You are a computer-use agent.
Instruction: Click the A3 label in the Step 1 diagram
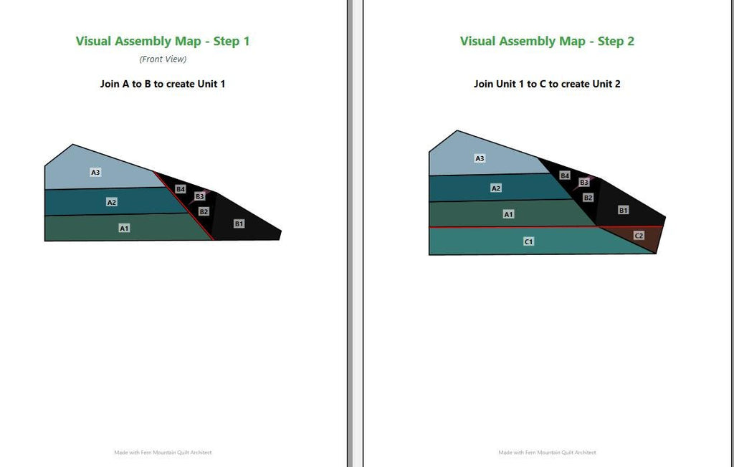pyautogui.click(x=95, y=173)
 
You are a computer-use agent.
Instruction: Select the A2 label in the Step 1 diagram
pyautogui.click(x=111, y=203)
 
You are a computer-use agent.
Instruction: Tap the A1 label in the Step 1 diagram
pyautogui.click(x=124, y=228)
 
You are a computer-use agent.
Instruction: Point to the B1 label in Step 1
pyautogui.click(x=239, y=224)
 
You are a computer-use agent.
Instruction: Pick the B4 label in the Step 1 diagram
pyautogui.click(x=181, y=190)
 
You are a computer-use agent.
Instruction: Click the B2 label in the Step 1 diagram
pyautogui.click(x=204, y=212)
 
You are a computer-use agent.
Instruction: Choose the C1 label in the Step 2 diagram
pyautogui.click(x=528, y=242)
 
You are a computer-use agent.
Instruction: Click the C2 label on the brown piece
pyautogui.click(x=639, y=236)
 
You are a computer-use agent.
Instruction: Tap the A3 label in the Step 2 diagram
pyautogui.click(x=480, y=158)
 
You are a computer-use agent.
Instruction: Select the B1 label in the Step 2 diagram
pyautogui.click(x=624, y=211)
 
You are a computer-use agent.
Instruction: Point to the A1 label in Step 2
pyautogui.click(x=508, y=215)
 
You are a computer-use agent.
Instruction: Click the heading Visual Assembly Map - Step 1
pyautogui.click(x=163, y=41)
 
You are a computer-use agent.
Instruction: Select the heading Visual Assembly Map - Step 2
pyautogui.click(x=547, y=41)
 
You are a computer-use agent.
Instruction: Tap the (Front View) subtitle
pyautogui.click(x=163, y=59)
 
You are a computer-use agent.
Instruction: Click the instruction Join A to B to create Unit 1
pyautogui.click(x=163, y=85)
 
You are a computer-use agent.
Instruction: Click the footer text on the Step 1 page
pyautogui.click(x=163, y=453)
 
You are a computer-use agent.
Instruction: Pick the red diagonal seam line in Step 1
pyautogui.click(x=184, y=206)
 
